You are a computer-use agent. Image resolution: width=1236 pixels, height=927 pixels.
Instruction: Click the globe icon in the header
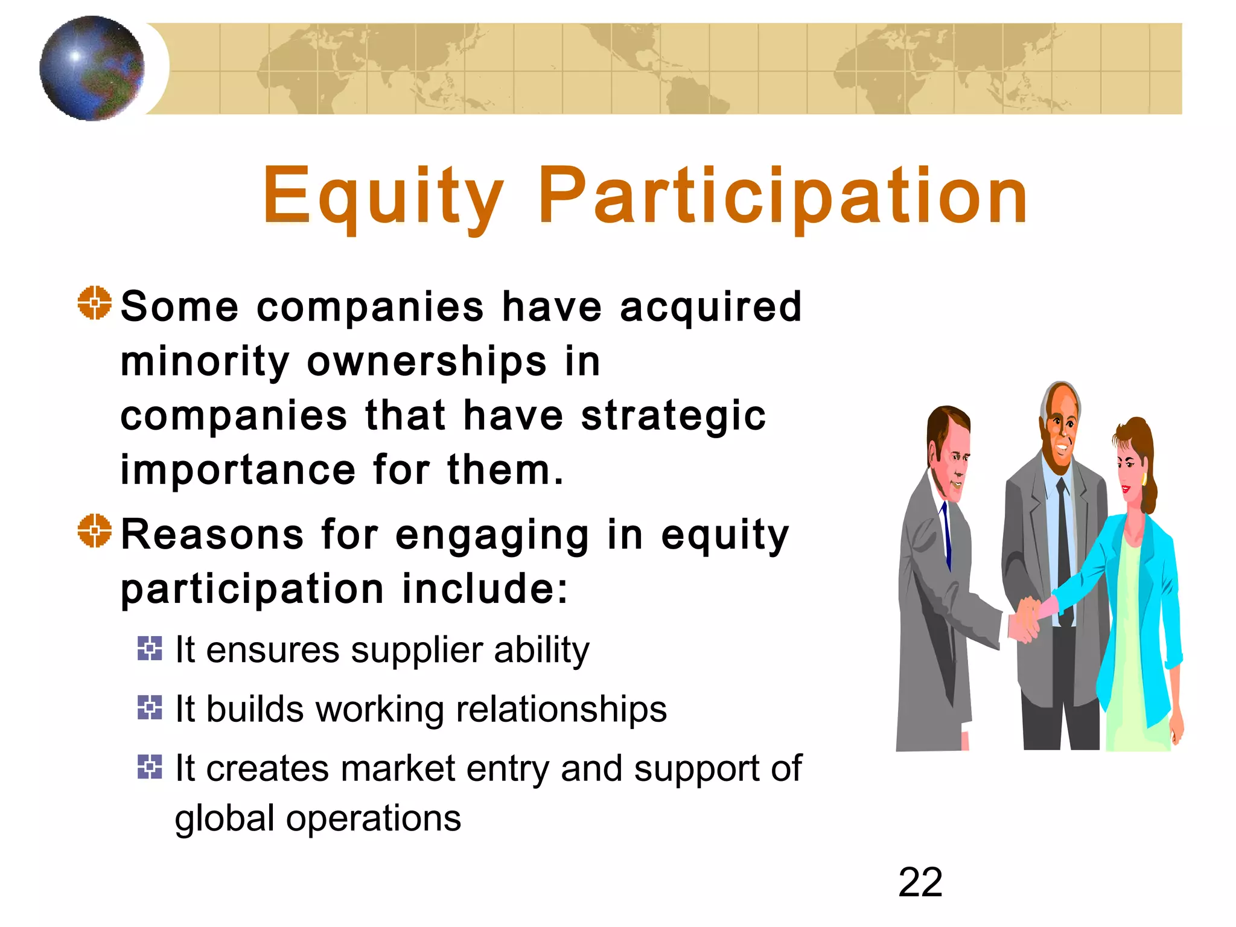[x=92, y=68]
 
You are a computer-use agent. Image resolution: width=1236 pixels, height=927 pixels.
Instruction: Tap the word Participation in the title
[x=783, y=197]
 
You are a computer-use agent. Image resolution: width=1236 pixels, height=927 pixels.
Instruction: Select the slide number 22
[x=920, y=882]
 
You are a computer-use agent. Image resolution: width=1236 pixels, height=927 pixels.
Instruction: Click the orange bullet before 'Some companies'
[x=95, y=303]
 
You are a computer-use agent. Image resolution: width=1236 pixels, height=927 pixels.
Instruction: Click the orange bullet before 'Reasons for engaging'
[x=95, y=531]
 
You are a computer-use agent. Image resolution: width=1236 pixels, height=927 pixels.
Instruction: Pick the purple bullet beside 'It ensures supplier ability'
[x=150, y=649]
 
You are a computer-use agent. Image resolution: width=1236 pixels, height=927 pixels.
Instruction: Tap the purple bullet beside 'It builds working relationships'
[x=150, y=707]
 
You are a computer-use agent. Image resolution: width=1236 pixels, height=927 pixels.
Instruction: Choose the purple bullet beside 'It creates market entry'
[x=150, y=766]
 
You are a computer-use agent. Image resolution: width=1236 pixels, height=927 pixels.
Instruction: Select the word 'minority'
[x=205, y=362]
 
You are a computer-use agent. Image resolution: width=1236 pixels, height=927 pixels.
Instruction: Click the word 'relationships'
[x=561, y=709]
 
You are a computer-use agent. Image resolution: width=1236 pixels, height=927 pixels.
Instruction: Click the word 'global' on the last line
[x=225, y=820]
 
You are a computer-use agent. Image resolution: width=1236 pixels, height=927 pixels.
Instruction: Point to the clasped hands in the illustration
[x=1026, y=619]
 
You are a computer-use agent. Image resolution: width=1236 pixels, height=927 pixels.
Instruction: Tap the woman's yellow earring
[x=1143, y=479]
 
